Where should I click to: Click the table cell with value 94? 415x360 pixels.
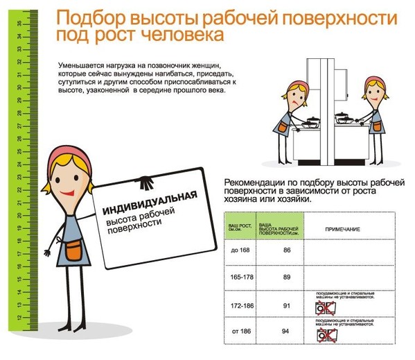tap(286, 332)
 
